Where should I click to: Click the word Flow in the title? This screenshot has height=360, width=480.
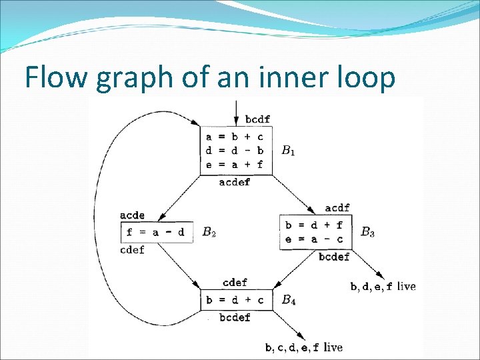[x=56, y=79]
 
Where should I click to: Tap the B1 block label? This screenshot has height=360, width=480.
[x=288, y=151]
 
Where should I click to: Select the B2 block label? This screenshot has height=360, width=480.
[x=209, y=233]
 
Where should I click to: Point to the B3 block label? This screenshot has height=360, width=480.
[x=367, y=233]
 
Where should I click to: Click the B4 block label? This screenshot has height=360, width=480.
[x=288, y=301]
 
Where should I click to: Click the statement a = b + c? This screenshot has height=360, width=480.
[x=235, y=137]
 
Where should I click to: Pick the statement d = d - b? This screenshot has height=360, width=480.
[x=235, y=150]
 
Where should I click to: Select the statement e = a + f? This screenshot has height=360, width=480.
[x=235, y=163]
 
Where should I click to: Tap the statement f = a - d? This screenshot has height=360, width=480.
[x=156, y=233]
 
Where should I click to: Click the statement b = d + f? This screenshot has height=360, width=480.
[x=314, y=225]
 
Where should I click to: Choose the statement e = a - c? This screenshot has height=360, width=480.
[x=314, y=239]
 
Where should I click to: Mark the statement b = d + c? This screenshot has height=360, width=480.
[x=235, y=300]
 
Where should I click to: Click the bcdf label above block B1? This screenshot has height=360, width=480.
[x=257, y=119]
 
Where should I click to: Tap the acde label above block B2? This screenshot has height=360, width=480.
[x=132, y=215]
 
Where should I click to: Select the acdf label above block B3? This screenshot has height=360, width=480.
[x=337, y=208]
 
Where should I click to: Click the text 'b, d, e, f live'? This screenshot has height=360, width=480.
[x=383, y=287]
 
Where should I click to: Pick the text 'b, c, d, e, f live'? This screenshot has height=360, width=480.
[x=303, y=347]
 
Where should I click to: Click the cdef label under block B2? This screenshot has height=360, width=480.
[x=132, y=250]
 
